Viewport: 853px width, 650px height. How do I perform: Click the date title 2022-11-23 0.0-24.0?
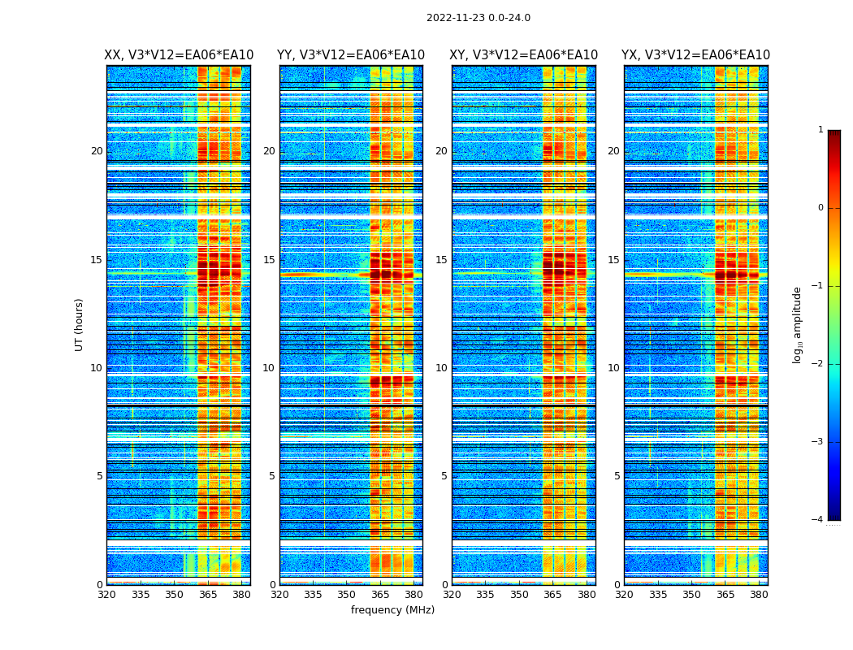point(478,18)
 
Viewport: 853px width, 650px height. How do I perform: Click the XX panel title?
point(179,55)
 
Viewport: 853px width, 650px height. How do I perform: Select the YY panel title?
point(351,55)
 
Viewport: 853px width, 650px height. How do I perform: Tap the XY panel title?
point(524,55)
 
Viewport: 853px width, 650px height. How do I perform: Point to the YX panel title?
point(695,55)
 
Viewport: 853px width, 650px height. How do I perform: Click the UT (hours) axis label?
point(80,324)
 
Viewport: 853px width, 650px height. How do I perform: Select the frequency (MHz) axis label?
point(392,610)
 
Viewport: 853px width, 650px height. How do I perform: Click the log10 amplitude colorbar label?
point(798,324)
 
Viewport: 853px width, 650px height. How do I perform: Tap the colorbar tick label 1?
point(820,130)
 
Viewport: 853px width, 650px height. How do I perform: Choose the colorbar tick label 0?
point(820,208)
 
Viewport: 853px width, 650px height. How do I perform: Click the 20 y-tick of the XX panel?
point(97,151)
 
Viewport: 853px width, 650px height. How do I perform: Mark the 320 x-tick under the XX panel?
point(106,595)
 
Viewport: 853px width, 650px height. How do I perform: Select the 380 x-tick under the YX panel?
point(759,595)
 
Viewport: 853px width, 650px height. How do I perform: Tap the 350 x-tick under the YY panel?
point(347,595)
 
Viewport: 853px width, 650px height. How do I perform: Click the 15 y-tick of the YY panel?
point(269,260)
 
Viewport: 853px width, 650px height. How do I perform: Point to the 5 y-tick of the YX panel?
point(617,476)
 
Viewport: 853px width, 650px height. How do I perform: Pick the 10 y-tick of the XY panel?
point(441,368)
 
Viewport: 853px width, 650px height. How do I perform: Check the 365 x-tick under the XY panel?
point(552,595)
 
